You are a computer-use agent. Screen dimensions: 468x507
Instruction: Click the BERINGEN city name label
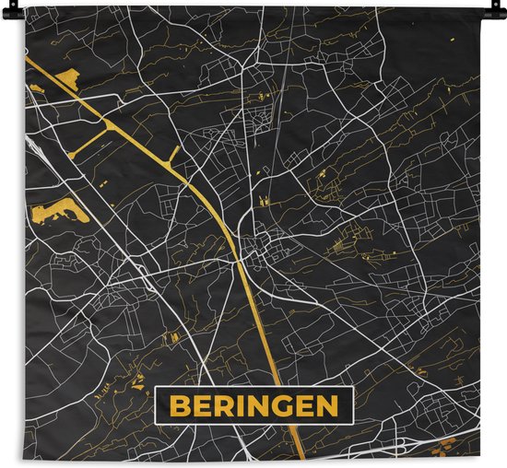(x=253, y=406)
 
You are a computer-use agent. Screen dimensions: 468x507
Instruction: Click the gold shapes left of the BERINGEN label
(x=138, y=377)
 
